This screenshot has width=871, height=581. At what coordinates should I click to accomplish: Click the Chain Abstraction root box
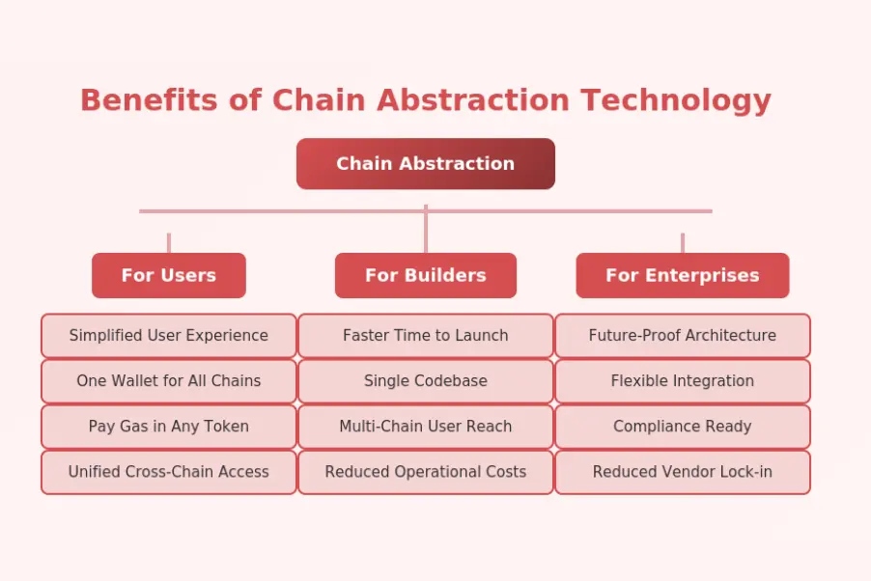(425, 164)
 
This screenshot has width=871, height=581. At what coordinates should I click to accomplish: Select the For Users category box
(169, 276)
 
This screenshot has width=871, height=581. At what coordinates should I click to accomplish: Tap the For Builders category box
(425, 276)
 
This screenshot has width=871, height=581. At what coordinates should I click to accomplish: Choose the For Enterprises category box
(682, 276)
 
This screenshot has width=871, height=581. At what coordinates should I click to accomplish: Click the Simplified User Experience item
(169, 336)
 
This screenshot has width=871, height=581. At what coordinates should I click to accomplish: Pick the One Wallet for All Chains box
(169, 381)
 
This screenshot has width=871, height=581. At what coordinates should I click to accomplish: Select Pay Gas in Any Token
(169, 427)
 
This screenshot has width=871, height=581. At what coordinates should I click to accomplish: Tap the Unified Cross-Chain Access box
(169, 472)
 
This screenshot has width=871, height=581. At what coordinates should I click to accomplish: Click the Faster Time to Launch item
(425, 336)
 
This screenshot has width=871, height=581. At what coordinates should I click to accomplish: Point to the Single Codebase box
(425, 381)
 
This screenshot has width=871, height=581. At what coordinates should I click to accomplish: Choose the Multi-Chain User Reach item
(425, 427)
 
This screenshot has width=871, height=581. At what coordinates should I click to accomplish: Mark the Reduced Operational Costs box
(425, 472)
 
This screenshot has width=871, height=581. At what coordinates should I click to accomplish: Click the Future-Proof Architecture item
(682, 336)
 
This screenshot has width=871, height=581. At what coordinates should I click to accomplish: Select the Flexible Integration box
(682, 381)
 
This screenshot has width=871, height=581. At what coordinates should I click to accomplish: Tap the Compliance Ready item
(682, 427)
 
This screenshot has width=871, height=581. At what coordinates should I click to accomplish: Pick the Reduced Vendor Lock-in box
(682, 472)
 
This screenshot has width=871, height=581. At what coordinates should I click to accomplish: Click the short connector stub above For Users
(169, 243)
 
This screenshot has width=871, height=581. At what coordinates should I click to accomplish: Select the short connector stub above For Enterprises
(682, 243)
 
